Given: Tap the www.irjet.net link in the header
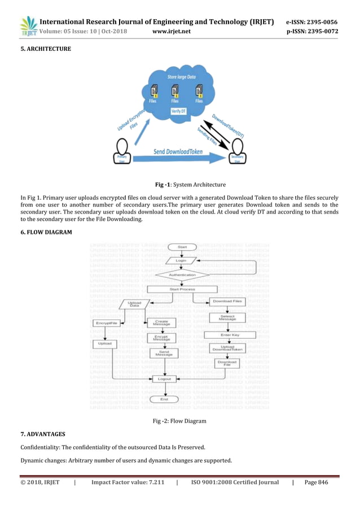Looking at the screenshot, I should [172, 32].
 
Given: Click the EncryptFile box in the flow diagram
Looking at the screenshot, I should [106, 323].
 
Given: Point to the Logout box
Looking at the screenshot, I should [164, 378].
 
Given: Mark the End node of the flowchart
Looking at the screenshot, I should [164, 399].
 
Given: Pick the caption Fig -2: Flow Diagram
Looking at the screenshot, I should [179, 421].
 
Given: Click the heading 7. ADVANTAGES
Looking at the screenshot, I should [42, 433].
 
